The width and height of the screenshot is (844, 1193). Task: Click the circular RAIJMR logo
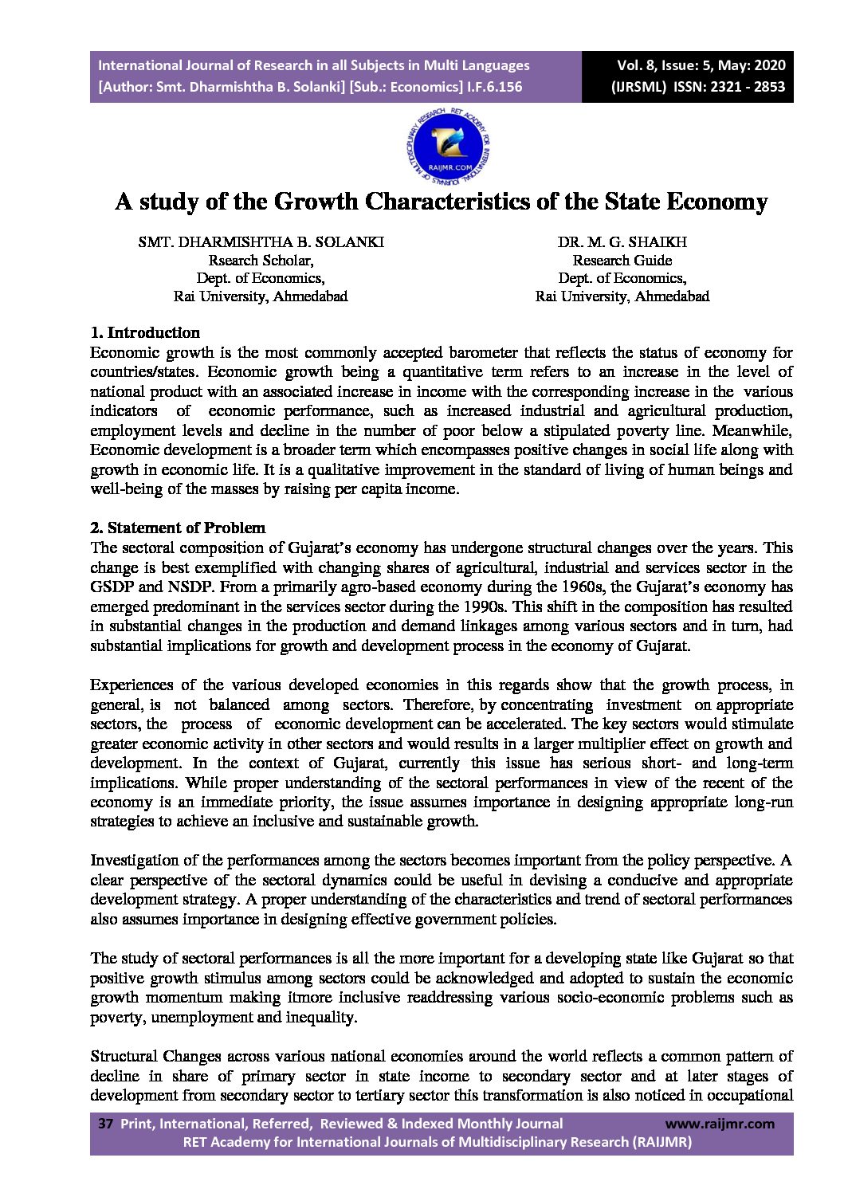[448, 147]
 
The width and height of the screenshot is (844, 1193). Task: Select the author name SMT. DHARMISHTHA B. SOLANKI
[261, 242]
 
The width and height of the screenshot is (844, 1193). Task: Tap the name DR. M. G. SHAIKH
[622, 242]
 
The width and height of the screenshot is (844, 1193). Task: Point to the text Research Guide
[622, 261]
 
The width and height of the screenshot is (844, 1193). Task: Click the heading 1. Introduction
[145, 333]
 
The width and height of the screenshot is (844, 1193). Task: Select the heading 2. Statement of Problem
[178, 528]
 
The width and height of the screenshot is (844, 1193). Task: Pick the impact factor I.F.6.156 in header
[494, 87]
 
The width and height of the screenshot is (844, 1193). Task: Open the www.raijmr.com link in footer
[719, 1124]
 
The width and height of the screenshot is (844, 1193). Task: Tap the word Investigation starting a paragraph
[134, 861]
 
